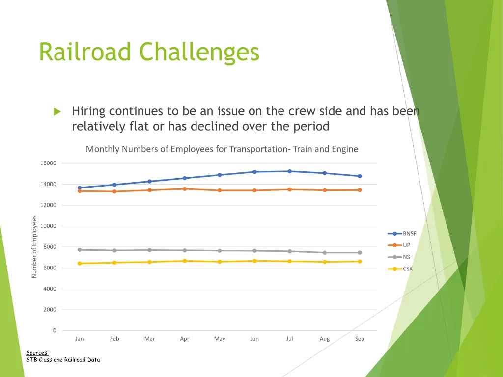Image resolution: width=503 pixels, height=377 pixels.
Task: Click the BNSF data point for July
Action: [x=290, y=171]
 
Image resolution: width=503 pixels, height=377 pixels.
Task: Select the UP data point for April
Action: [x=185, y=189]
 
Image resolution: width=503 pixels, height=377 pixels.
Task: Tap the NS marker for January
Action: [x=80, y=250]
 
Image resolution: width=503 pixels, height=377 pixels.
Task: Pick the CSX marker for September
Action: [x=360, y=262]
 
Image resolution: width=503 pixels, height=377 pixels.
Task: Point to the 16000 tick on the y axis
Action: [x=48, y=163]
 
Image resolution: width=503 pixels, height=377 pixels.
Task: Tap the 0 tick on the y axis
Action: [x=55, y=331]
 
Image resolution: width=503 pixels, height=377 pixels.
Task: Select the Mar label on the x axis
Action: [x=150, y=339]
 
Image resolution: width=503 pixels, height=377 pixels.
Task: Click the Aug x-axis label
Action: [x=325, y=339]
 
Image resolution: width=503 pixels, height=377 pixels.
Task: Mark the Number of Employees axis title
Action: [x=34, y=247]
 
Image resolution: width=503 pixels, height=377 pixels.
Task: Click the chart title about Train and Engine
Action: [x=222, y=149]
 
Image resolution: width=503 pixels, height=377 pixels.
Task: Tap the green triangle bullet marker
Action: [x=57, y=112]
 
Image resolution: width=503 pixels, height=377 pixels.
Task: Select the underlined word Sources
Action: [x=37, y=353]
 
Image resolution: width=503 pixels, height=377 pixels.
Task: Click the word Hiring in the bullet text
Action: [x=88, y=112]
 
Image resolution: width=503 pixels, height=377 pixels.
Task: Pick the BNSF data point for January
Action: [x=80, y=188]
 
